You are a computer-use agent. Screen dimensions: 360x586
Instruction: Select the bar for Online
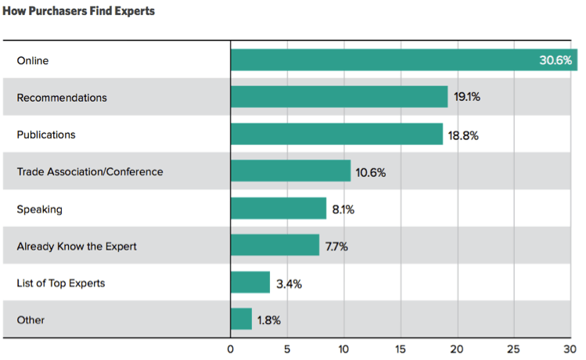tap(383, 60)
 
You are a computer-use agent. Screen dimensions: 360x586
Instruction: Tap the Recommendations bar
tap(339, 97)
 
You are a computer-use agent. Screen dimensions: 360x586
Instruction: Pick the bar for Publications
tap(336, 134)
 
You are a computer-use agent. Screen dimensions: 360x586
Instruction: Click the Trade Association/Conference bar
tap(290, 171)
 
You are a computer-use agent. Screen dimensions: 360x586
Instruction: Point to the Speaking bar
tap(278, 208)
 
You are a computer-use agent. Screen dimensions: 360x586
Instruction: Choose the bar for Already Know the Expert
tap(275, 246)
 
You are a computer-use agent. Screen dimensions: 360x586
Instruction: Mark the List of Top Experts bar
tap(250, 283)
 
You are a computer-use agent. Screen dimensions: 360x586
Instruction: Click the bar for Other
tap(241, 319)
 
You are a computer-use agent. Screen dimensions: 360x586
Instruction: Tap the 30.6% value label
tap(555, 60)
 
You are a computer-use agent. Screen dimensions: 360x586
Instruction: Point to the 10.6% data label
tap(371, 172)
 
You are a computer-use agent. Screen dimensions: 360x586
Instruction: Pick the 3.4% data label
tap(289, 283)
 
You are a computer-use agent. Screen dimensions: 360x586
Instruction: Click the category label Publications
tap(46, 135)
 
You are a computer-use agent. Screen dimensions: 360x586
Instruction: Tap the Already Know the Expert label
tap(77, 246)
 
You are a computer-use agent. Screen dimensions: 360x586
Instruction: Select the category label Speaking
tap(39, 209)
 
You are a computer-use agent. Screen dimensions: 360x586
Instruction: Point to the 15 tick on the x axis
tap(400, 349)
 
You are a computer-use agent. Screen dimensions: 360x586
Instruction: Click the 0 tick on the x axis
tap(231, 349)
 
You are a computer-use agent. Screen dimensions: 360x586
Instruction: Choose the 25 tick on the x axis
tap(513, 349)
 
